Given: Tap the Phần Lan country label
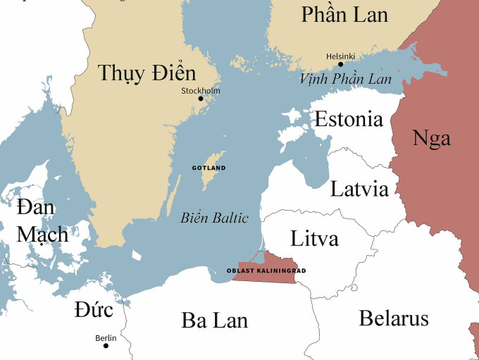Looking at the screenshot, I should point(344,14).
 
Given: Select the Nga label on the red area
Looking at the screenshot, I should point(431,137).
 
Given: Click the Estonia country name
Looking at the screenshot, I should point(349,119).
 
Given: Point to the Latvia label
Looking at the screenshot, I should point(359,189).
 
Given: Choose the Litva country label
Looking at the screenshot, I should point(314,238).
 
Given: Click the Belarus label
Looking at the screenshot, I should point(394,318).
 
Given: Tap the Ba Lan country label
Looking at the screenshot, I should point(215,321).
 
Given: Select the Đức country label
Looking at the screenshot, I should point(94,309).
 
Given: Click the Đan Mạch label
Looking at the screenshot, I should point(42,221).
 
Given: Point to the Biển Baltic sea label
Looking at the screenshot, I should point(214,218).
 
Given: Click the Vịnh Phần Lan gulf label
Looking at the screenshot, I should point(345,79).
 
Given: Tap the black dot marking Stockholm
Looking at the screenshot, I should point(201,99).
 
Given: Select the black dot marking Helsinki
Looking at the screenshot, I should point(341,64).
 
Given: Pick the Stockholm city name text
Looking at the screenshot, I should point(201,90).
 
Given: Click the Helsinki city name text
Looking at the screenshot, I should point(340,56).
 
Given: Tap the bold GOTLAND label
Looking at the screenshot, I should point(209,168).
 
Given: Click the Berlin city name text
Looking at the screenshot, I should point(106,338).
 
